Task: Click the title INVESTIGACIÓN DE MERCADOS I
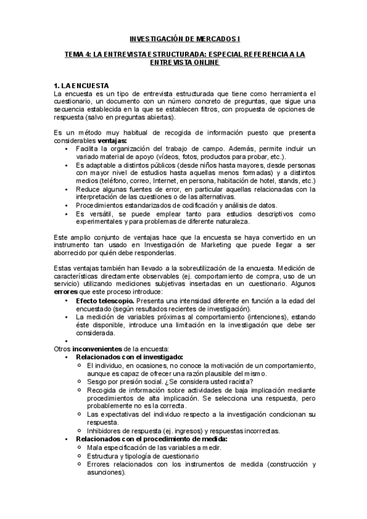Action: click(x=184, y=38)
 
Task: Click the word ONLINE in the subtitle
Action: click(x=203, y=62)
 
